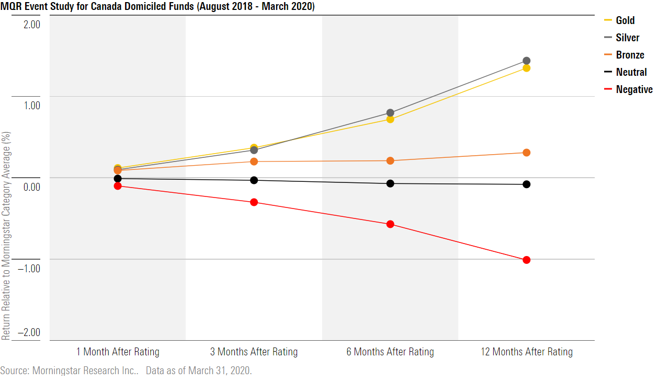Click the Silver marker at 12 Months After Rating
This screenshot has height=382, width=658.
pyautogui.click(x=526, y=61)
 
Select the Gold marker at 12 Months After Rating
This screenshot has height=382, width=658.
pyautogui.click(x=526, y=68)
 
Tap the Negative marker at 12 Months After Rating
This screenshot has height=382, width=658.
pyautogui.click(x=526, y=260)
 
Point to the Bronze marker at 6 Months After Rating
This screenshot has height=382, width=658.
pyautogui.click(x=390, y=160)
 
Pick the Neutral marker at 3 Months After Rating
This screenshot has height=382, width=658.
pyautogui.click(x=254, y=180)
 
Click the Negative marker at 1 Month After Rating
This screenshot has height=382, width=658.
pyautogui.click(x=118, y=186)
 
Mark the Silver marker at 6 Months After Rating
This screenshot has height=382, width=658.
pyautogui.click(x=390, y=113)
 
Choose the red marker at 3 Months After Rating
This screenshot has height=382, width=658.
pyautogui.click(x=254, y=202)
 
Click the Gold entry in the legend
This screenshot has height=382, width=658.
pyautogui.click(x=625, y=20)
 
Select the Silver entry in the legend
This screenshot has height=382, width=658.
pyautogui.click(x=627, y=38)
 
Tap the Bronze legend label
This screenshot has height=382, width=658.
pyautogui.click(x=630, y=55)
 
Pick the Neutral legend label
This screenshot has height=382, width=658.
pyautogui.click(x=631, y=72)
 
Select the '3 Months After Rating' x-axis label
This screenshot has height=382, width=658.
pyautogui.click(x=254, y=352)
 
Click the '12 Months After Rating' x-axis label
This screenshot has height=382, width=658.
pyautogui.click(x=526, y=352)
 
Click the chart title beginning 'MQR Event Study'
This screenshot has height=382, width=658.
pyautogui.click(x=157, y=7)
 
